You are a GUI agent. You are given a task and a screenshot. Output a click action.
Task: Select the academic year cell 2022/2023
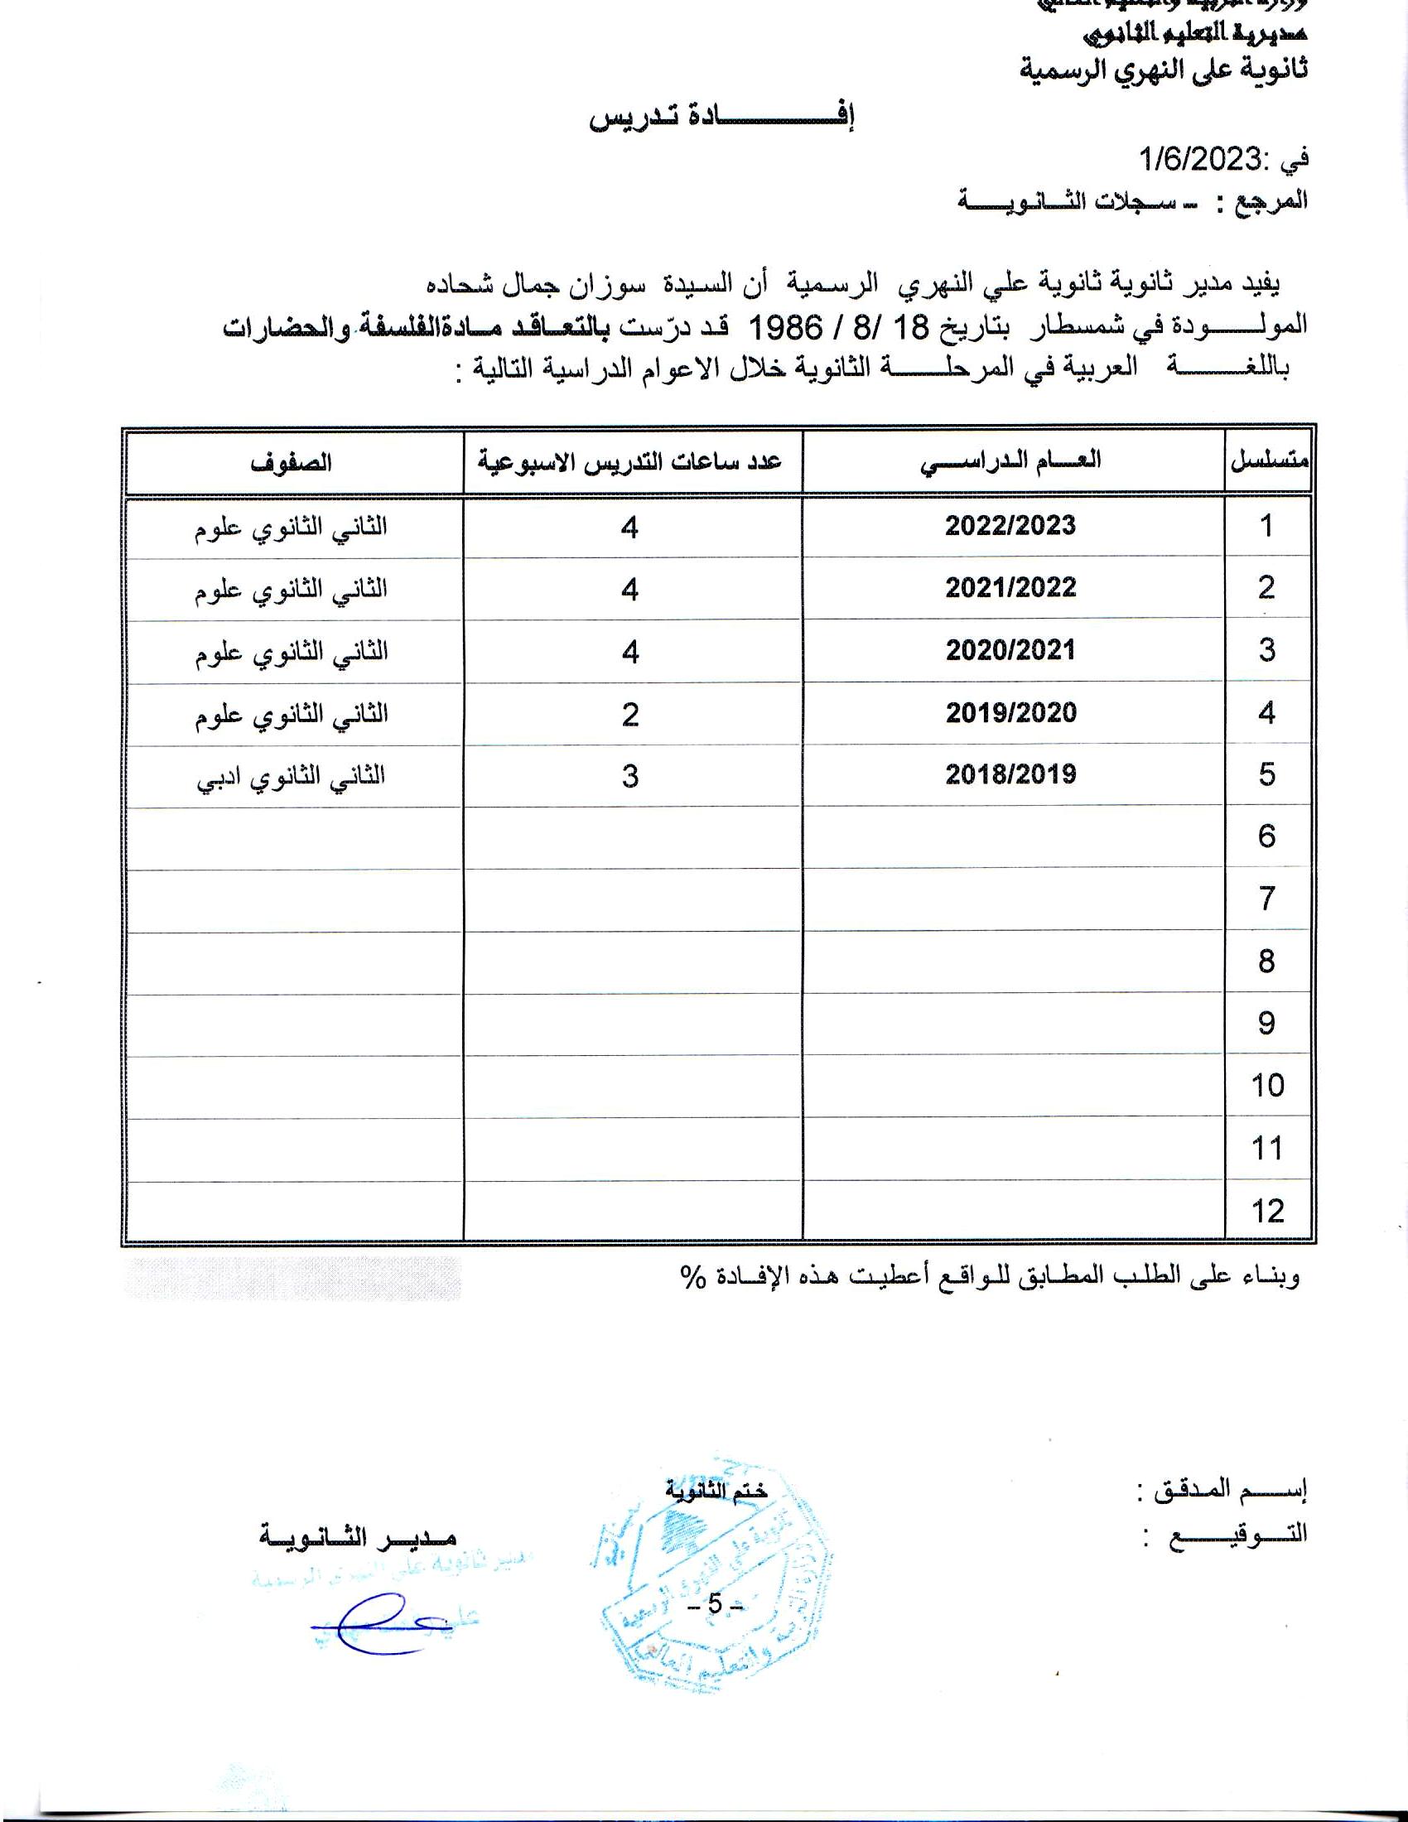tap(1010, 526)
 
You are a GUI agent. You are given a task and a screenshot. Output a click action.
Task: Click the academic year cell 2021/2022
tap(1010, 587)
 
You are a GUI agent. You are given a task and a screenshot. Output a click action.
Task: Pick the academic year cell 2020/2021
tap(1010, 650)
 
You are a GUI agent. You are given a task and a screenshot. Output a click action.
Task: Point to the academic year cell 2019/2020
tap(1010, 712)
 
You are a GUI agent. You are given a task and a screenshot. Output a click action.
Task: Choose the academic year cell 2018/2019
tap(1010, 774)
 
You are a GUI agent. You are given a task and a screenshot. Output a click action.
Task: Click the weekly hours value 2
tap(629, 714)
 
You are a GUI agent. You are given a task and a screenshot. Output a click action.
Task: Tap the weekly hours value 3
tap(629, 776)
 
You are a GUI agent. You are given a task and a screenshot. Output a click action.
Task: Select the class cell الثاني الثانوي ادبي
tap(291, 777)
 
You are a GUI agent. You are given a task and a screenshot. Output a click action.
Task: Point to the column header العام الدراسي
tap(1010, 461)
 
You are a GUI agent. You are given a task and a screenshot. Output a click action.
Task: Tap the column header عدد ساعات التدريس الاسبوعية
tap(629, 461)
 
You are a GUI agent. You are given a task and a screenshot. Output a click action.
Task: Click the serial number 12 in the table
tap(1267, 1211)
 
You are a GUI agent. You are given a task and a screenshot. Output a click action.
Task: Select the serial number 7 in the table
tap(1267, 899)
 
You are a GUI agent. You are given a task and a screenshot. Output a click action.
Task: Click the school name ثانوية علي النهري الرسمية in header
tap(1163, 70)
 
